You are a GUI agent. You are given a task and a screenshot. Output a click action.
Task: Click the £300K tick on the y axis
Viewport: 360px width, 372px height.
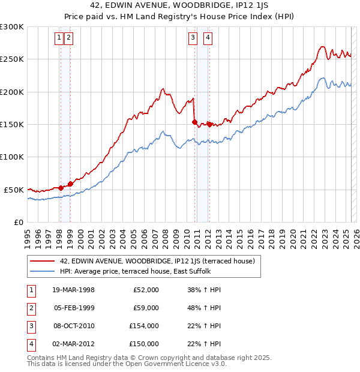[12, 27]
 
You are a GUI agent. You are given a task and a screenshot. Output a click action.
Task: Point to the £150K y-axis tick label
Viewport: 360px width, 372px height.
[12, 125]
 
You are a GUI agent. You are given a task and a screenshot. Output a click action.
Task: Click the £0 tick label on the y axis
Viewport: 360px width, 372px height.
[19, 222]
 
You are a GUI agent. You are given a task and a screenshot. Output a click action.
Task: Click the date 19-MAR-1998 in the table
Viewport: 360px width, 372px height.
[73, 290]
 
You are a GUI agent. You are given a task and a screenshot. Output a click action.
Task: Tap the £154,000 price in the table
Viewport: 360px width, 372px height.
[143, 326]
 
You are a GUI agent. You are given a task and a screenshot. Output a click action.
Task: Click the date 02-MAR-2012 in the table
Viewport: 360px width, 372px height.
[73, 344]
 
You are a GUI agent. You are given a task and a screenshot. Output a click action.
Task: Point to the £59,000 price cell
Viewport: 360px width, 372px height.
[146, 308]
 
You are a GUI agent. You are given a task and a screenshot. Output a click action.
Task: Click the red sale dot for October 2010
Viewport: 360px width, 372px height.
[194, 122]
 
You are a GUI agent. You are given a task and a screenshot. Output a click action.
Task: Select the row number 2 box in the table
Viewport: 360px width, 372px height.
[31, 308]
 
